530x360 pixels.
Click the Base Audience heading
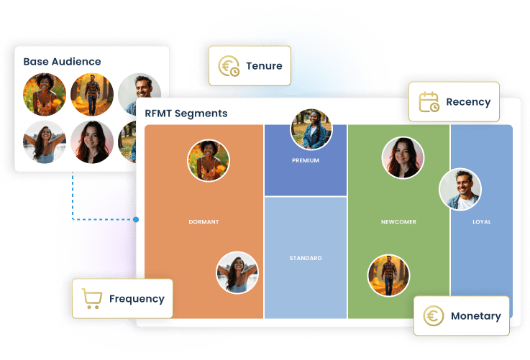62,62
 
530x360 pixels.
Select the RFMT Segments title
186,113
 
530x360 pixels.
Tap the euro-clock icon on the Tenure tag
230,66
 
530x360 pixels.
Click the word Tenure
264,66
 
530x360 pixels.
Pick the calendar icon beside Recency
429,101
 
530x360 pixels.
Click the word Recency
468,102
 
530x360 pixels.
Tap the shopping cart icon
91,298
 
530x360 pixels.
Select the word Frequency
137,299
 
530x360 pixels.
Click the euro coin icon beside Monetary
433,316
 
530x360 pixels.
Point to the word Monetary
475,316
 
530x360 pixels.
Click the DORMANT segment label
204,222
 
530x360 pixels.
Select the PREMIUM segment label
306,160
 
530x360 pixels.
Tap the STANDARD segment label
306,258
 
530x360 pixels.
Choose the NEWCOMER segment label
398,222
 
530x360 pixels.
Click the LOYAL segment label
482,222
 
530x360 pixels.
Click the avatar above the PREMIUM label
311,130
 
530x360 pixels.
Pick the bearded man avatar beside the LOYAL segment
460,190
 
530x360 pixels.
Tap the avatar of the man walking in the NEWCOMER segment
389,275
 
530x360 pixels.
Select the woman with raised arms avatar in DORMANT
237,272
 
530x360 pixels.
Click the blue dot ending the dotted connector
137,219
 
